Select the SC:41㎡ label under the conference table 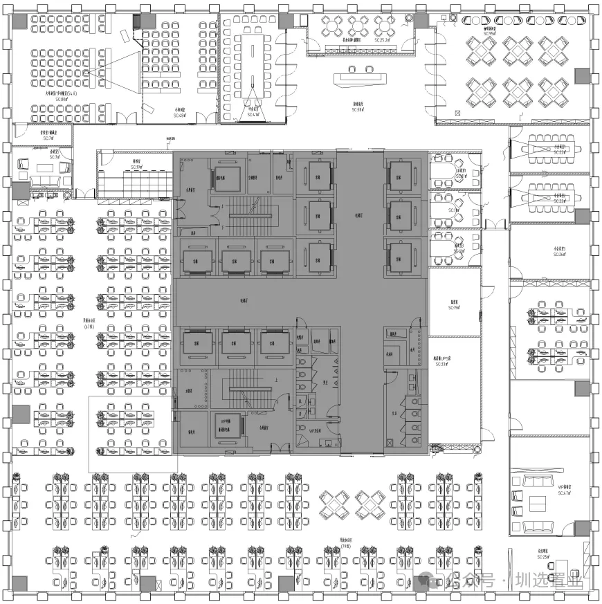pos(253,114)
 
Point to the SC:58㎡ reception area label pos(357,109)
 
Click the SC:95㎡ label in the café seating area pos(490,33)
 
